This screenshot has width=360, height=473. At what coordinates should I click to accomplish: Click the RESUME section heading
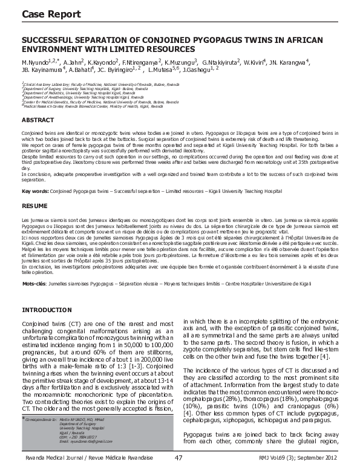34,206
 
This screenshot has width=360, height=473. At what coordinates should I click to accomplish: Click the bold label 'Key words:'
34,191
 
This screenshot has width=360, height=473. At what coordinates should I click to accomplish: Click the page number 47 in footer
178,458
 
